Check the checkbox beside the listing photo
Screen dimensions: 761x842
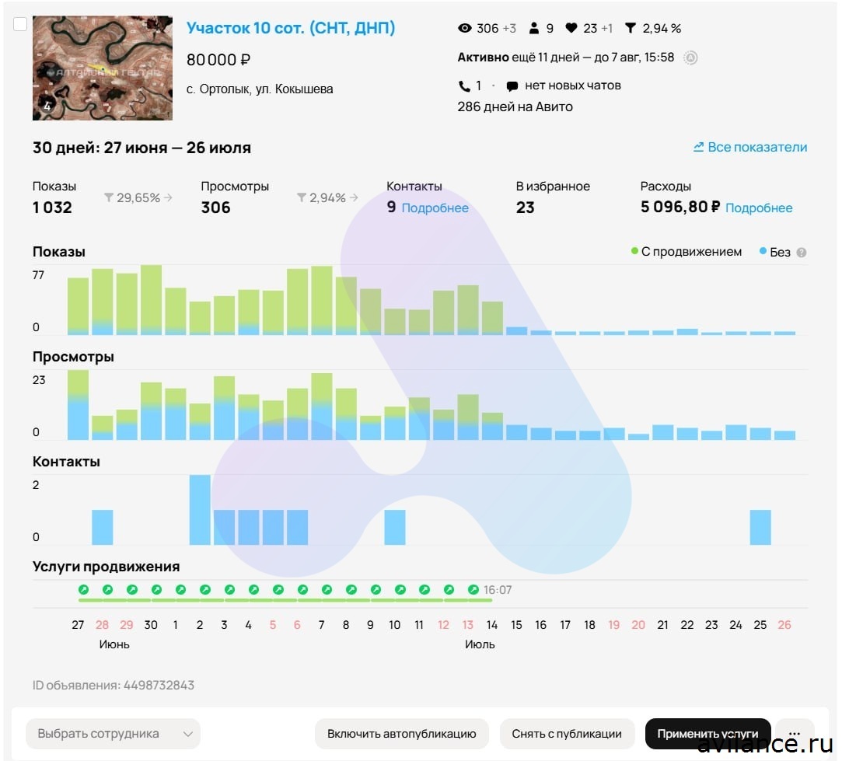coord(20,24)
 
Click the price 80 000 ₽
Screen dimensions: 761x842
coord(218,60)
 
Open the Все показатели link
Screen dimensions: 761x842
coord(750,147)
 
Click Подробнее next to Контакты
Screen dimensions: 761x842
coord(435,208)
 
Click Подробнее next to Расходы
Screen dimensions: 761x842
coord(759,208)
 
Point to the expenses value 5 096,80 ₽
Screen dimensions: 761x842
coord(680,207)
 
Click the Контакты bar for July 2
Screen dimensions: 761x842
coord(200,510)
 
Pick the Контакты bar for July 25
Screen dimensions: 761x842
coord(760,527)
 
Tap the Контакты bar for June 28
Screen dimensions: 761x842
coord(103,527)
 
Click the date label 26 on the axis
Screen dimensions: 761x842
coord(784,625)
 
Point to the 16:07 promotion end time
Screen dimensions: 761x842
coord(498,590)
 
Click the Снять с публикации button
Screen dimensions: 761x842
coord(567,734)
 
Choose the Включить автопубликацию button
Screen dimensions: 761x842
coord(401,734)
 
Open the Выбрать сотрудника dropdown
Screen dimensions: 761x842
coord(113,734)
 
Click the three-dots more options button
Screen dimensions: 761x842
coord(794,734)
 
